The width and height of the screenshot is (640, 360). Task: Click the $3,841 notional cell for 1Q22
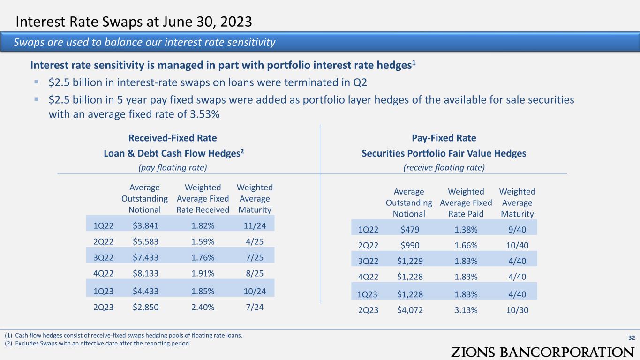click(145, 226)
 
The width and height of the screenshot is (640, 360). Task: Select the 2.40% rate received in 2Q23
click(203, 307)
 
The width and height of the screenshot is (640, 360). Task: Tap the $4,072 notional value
click(410, 310)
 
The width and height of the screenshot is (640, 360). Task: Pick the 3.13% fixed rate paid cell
click(466, 310)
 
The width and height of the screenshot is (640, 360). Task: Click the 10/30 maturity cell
click(517, 310)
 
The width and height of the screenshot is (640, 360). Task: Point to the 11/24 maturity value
click(255, 226)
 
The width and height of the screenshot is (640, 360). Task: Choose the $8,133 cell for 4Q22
click(145, 273)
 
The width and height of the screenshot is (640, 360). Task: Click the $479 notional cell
click(410, 229)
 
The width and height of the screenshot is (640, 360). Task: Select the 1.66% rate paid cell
click(466, 245)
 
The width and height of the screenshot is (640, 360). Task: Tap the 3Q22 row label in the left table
click(104, 257)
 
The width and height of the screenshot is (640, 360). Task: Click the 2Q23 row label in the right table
click(368, 310)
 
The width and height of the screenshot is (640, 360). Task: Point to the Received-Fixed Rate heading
click(173, 138)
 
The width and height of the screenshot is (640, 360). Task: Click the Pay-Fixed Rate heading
click(444, 138)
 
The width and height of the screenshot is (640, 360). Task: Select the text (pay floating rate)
click(173, 167)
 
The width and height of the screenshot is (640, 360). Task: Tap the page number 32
click(632, 337)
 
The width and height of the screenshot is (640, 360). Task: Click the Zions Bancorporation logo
click(542, 352)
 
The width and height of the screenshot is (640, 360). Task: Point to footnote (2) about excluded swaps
click(98, 343)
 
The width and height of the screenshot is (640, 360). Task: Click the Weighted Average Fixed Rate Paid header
click(466, 202)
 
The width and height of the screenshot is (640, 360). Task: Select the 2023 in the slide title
click(236, 22)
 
